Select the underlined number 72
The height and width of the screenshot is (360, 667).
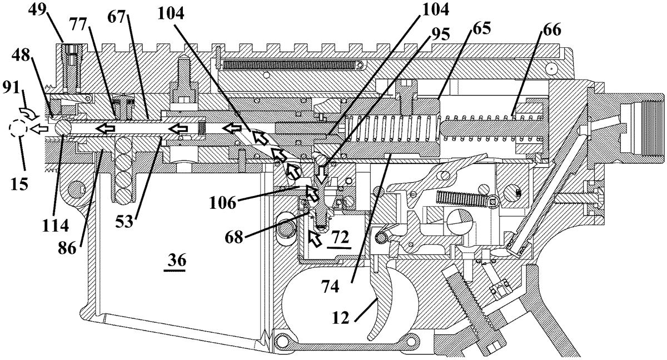click(x=340, y=237)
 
